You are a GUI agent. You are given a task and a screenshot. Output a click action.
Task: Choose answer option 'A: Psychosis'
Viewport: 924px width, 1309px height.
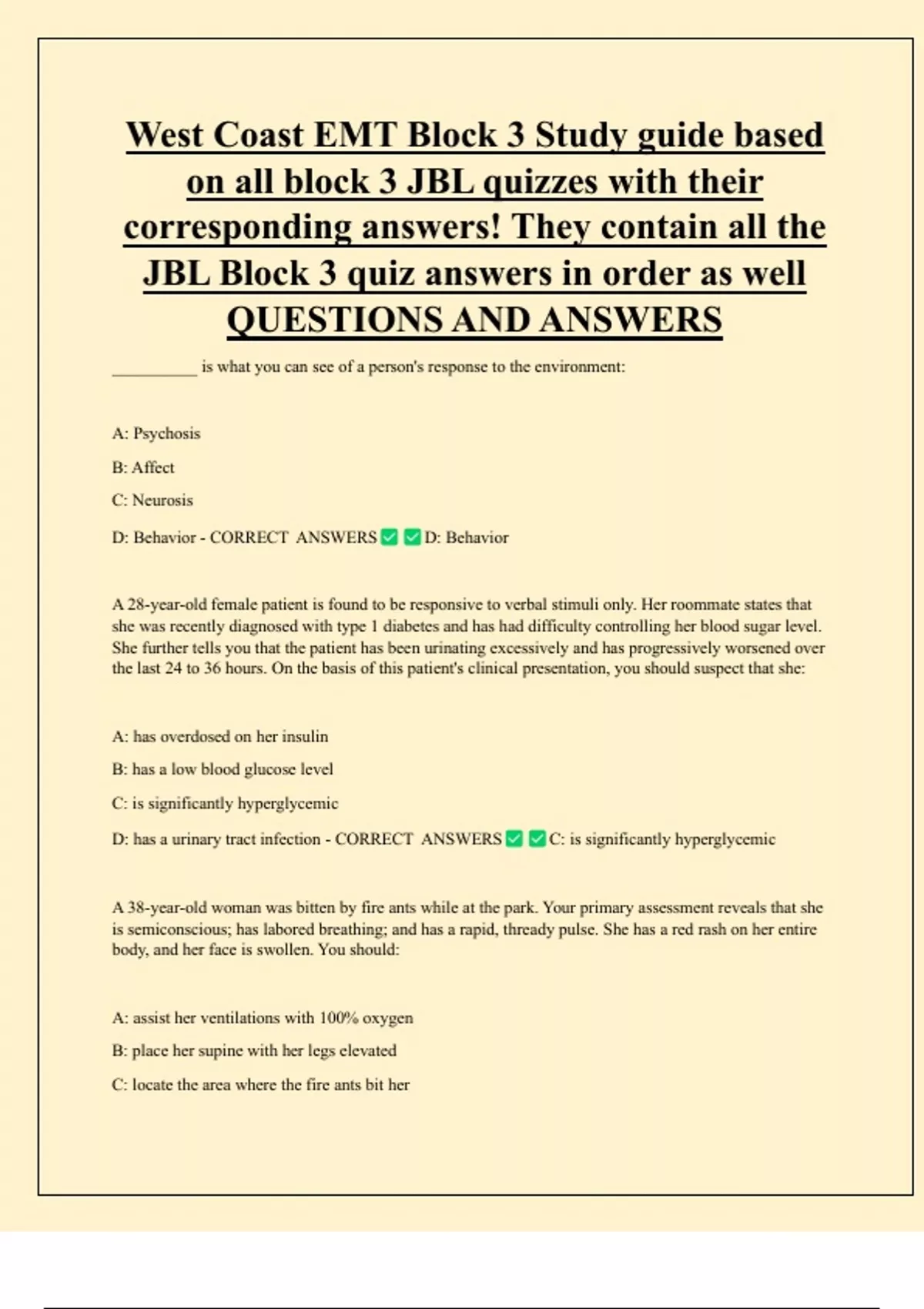[156, 434]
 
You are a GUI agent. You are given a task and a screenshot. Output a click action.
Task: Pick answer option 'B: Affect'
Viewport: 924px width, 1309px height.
[143, 467]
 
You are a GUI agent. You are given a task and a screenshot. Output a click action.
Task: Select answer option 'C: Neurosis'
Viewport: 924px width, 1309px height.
[152, 500]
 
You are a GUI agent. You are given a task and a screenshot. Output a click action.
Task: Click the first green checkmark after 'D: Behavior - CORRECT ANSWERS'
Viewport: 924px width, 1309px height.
[390, 537]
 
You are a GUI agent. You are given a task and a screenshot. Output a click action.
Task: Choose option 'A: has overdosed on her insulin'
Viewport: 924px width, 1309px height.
[220, 737]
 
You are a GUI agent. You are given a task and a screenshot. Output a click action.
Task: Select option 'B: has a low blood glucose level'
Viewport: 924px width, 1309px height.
[223, 769]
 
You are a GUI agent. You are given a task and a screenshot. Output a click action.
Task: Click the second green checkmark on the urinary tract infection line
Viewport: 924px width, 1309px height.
[537, 839]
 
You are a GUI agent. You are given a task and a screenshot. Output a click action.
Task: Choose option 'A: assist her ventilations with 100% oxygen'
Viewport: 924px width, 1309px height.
[263, 1018]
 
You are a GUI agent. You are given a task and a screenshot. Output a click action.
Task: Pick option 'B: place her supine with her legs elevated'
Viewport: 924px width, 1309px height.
[254, 1051]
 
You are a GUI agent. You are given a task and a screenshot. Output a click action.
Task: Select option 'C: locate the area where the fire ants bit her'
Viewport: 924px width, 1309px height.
[261, 1085]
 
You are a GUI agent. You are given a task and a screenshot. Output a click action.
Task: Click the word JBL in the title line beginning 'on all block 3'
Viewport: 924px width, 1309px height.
[440, 182]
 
